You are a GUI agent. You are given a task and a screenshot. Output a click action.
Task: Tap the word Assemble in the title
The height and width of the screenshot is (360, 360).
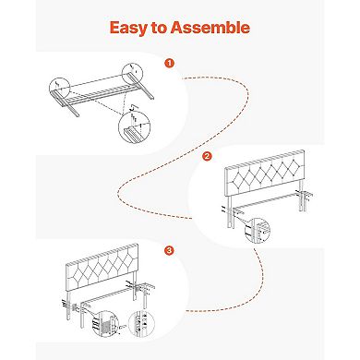point(210,27)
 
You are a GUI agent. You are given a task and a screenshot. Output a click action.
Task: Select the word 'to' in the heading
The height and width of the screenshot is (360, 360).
point(159,28)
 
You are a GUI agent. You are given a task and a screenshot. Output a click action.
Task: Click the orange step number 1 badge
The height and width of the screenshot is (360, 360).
point(169,64)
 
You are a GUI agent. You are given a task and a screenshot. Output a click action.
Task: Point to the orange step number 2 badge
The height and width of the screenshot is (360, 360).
point(207,156)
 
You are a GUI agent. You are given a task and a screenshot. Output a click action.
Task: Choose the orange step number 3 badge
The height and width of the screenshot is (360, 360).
point(169,250)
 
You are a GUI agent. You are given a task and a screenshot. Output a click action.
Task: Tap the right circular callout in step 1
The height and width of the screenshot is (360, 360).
point(132,74)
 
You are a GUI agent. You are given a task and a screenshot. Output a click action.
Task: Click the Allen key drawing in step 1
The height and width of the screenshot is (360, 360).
point(134,107)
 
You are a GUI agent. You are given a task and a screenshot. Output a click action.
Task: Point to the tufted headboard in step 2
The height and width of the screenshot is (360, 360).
point(265,173)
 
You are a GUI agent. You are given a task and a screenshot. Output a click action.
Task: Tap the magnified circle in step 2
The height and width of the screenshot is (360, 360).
point(258,230)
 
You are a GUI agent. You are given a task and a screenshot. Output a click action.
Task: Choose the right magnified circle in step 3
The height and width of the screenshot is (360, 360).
point(140,324)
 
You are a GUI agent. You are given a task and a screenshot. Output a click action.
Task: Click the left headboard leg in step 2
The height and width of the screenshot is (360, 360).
point(229,211)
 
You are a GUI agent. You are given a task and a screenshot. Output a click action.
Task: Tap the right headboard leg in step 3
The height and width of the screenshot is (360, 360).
point(135,287)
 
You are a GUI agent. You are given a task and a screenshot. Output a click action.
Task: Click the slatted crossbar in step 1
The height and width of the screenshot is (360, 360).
point(102,94)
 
